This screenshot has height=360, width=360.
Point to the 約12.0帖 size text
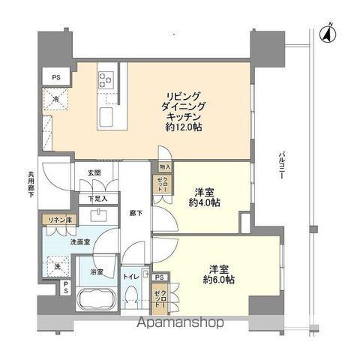(173, 128)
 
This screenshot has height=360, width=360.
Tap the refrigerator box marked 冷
(56, 99)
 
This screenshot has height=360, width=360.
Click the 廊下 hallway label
(134, 212)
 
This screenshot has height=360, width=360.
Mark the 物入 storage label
(165, 167)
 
